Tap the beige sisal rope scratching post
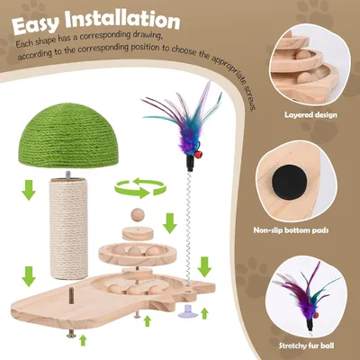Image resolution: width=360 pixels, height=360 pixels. pyautogui.click(x=68, y=229)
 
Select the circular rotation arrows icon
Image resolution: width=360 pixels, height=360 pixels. pyautogui.click(x=140, y=188)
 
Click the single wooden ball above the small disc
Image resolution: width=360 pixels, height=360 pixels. pyautogui.click(x=138, y=215)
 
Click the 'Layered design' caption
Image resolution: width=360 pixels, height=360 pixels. pyautogui.click(x=310, y=114)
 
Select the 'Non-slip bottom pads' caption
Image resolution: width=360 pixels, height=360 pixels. pyautogui.click(x=291, y=230)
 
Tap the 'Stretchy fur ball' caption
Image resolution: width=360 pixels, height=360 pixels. pyautogui.click(x=306, y=346)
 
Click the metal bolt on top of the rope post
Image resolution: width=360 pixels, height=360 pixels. pyautogui.click(x=68, y=175)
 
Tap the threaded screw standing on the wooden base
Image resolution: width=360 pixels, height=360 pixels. pyautogui.click(x=72, y=294)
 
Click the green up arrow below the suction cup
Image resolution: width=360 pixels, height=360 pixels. pyautogui.click(x=204, y=313)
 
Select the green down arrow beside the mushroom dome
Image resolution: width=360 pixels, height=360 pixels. pyautogui.click(x=29, y=190)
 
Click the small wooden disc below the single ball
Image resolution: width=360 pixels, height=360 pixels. pyautogui.click(x=138, y=233)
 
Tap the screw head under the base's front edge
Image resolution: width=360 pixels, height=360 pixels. pyautogui.click(x=71, y=334)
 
